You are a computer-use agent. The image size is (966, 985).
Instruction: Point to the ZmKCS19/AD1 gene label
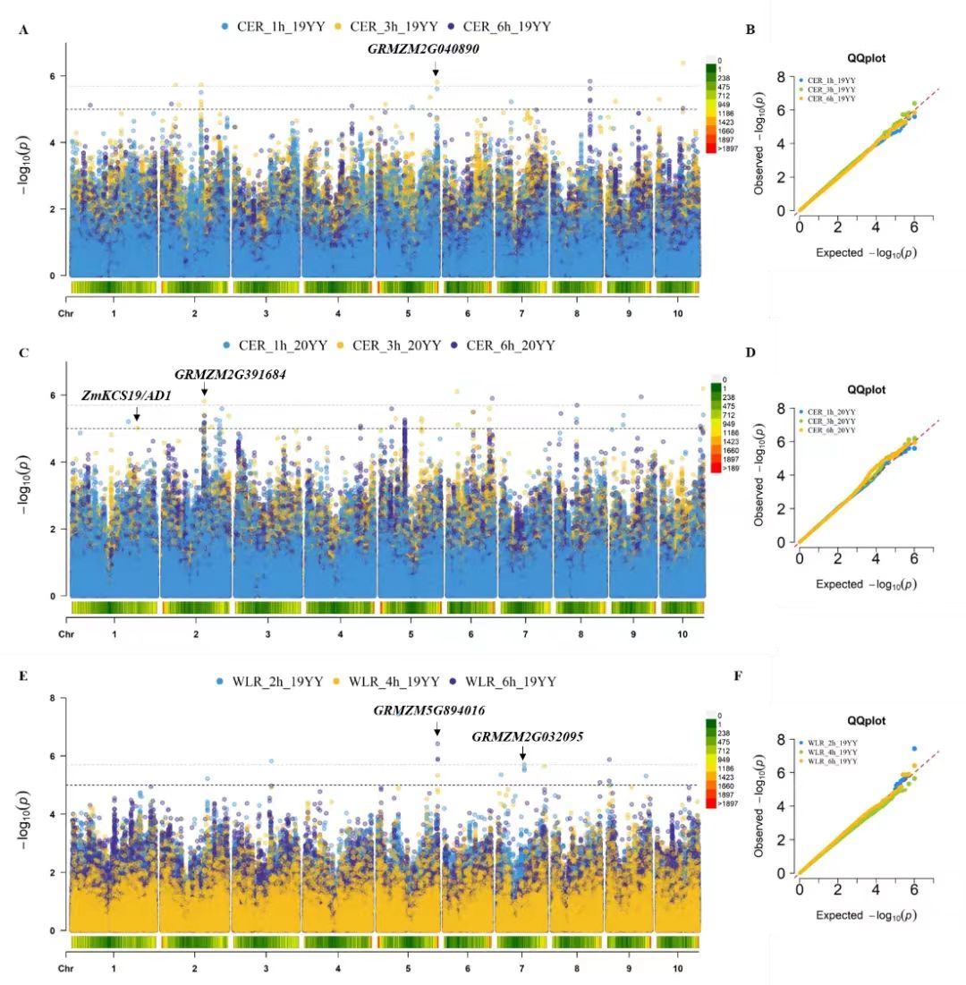coord(126,395)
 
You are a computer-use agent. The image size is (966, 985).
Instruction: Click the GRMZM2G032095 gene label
coord(528,737)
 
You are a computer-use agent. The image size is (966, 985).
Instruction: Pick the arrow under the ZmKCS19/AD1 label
coord(137,412)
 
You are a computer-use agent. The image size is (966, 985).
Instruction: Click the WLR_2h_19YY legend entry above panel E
coord(266,682)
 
